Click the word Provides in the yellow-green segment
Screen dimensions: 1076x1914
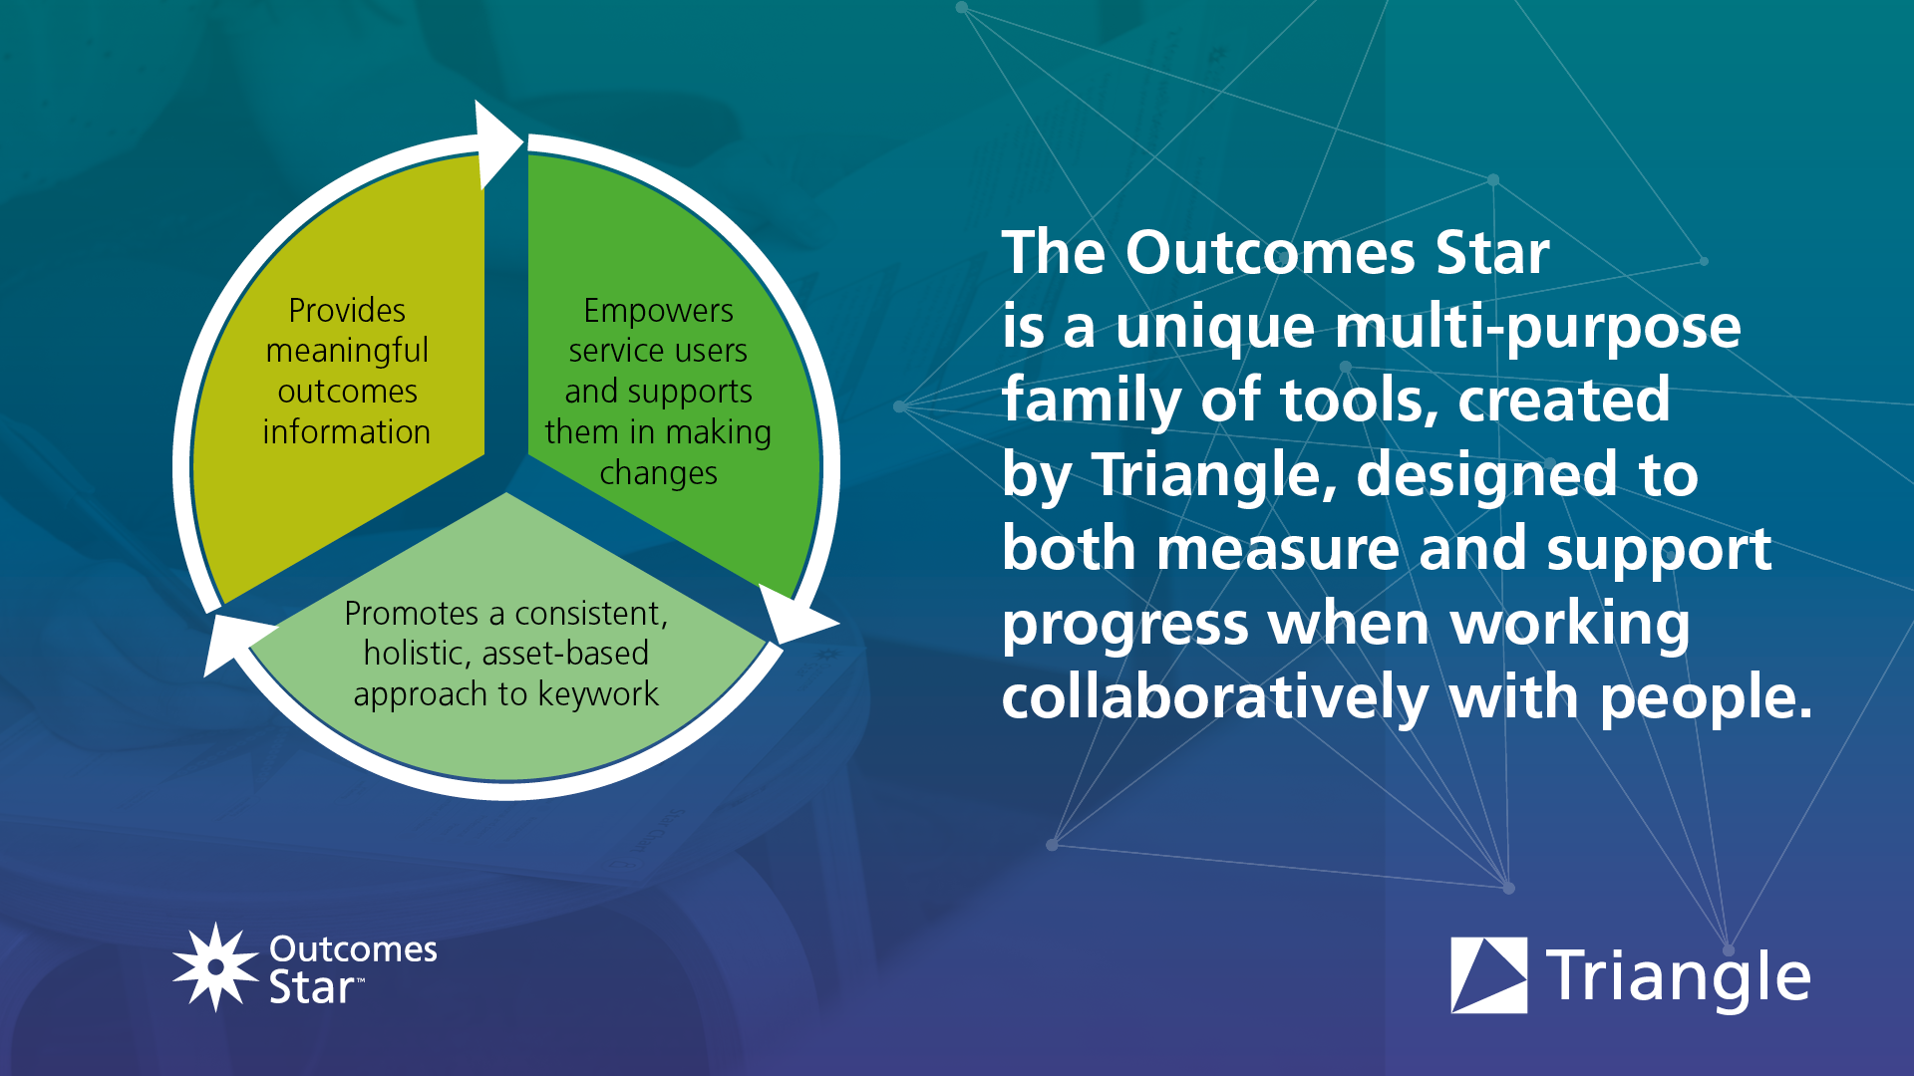coord(347,311)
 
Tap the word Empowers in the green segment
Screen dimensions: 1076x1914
coord(658,311)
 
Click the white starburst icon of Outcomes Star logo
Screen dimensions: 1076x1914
coord(214,966)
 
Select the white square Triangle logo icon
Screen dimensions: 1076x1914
coord(1488,975)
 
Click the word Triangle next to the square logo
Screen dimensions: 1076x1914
coord(1678,977)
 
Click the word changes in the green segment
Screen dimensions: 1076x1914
coord(658,473)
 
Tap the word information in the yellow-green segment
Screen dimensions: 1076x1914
coord(346,432)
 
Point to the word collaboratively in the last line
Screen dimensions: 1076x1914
coord(1215,696)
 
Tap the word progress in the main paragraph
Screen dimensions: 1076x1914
coord(1124,625)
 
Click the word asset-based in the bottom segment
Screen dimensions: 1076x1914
coord(564,654)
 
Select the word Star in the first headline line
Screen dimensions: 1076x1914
coord(1491,253)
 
